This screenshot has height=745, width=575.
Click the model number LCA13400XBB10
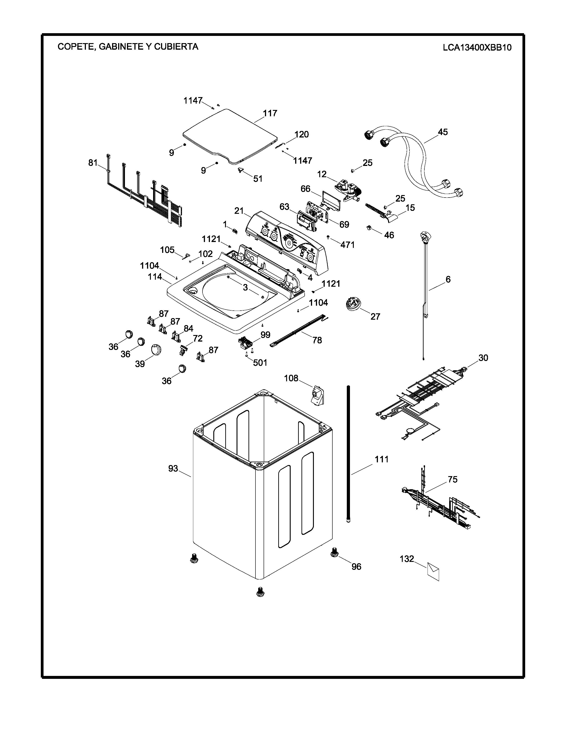[477, 47]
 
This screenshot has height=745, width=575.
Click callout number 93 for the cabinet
[173, 468]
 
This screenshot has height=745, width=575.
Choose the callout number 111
[382, 459]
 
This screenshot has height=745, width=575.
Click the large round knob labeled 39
[156, 350]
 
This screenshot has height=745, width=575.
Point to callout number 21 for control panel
[239, 211]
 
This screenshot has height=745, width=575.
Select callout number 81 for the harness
[93, 163]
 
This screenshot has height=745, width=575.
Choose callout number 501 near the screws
[260, 363]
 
